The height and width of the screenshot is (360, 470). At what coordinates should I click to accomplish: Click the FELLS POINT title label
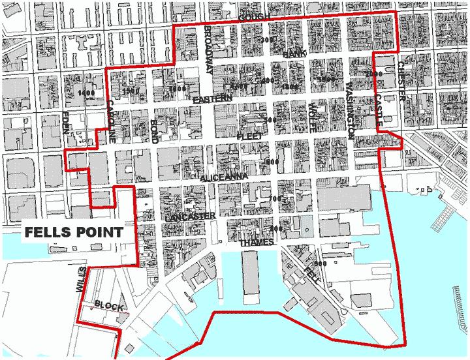click(x=74, y=232)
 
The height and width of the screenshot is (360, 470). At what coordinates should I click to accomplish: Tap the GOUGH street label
click(x=254, y=17)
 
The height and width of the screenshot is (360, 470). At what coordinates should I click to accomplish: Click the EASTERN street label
click(x=212, y=98)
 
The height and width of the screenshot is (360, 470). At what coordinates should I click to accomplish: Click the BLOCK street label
click(x=108, y=305)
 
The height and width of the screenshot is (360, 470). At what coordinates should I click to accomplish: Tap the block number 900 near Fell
click(x=320, y=263)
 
